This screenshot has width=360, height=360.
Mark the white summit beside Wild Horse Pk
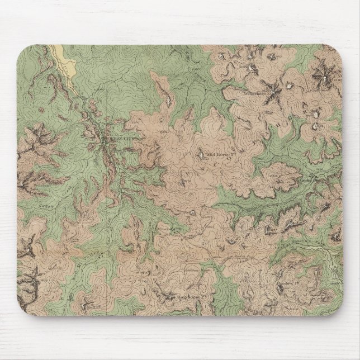201,151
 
